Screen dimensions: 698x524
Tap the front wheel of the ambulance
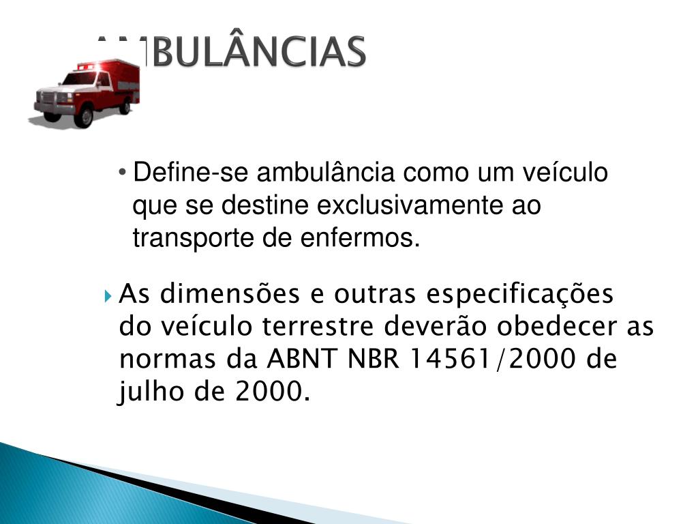point(84,117)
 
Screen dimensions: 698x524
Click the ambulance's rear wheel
point(126,106)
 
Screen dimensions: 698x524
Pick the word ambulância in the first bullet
point(325,173)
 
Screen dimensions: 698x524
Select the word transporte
point(193,239)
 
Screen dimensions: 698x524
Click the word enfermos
point(360,238)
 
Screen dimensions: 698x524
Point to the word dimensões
point(230,294)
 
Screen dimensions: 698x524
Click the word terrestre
point(318,327)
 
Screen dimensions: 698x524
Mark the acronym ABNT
point(301,359)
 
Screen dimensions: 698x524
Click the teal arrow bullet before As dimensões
point(108,296)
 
